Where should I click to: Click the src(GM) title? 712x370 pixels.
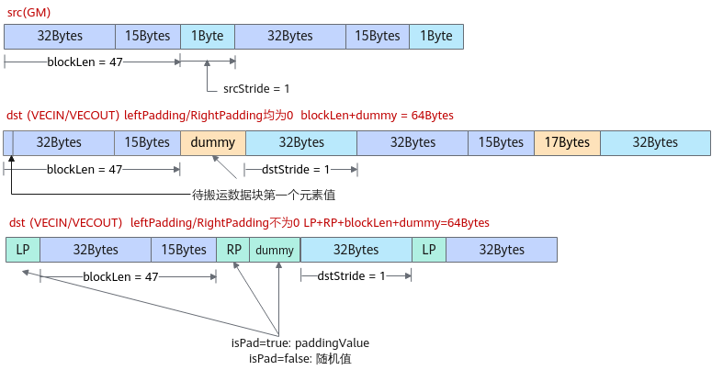[28, 12]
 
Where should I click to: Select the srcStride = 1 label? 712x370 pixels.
[256, 88]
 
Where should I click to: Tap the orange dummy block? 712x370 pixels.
[213, 142]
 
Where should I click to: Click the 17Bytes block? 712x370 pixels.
[567, 142]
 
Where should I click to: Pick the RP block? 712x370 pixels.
[233, 250]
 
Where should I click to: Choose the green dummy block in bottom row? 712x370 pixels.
[275, 250]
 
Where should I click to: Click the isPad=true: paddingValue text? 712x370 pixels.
[300, 342]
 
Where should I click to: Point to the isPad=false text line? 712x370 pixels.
[300, 359]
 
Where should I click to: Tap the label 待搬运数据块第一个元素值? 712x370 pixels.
[264, 195]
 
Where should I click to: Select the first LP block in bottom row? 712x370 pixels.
[23, 250]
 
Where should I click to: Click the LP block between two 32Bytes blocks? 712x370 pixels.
[429, 250]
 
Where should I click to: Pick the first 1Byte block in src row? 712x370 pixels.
[208, 37]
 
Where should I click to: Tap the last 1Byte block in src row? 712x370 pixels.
[436, 37]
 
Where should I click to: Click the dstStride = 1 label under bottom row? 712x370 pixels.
[351, 276]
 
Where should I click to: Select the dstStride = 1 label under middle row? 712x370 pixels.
[296, 169]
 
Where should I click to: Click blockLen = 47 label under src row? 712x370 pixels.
[85, 62]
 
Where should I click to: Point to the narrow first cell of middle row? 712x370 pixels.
[8, 142]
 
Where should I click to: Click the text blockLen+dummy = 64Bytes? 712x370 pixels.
[377, 116]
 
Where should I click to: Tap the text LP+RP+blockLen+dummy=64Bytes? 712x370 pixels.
[396, 223]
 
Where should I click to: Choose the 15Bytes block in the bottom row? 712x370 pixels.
[184, 250]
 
